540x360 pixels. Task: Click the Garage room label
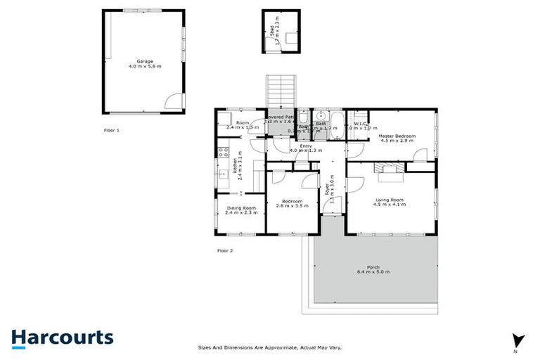145,64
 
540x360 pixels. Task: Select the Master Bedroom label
398,138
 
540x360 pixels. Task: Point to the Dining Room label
241,210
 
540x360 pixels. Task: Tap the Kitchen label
236,167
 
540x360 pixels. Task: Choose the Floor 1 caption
112,131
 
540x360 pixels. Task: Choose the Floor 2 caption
225,250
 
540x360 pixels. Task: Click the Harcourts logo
63,337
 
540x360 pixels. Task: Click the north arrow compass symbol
517,340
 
